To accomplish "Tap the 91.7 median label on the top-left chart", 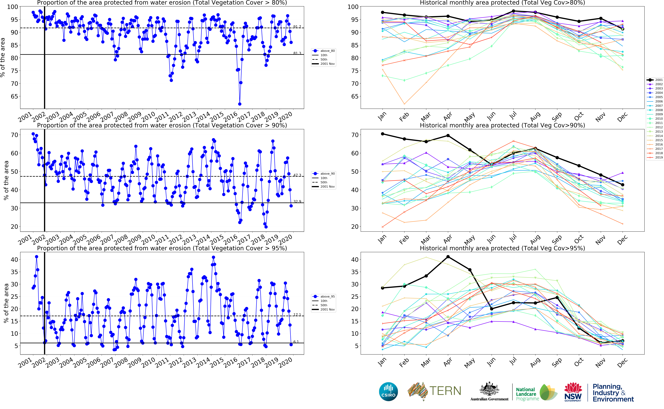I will pos(297,26).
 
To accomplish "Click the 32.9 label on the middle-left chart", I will pos(297,202).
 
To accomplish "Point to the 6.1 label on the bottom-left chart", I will pos(296,342).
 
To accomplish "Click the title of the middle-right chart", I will pos(502,126).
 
